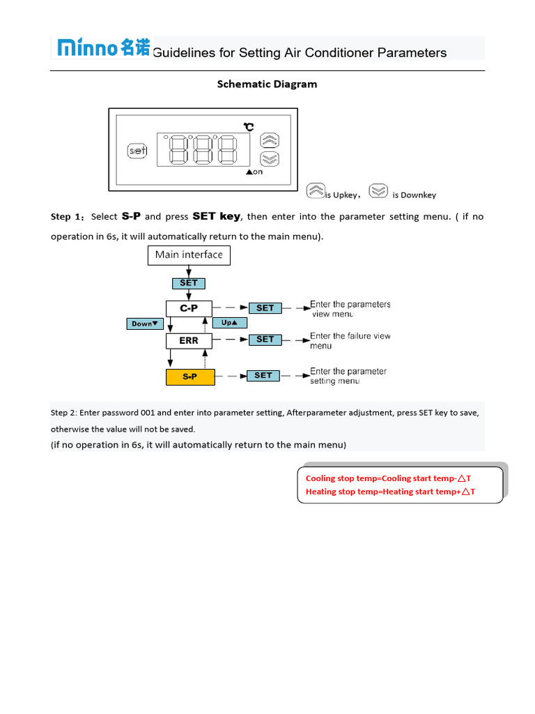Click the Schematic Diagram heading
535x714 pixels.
267,84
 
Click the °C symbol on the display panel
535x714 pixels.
249,126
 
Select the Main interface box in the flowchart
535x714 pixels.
189,255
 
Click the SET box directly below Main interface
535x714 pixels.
189,283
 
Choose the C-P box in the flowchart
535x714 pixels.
189,308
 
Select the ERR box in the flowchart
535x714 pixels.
189,341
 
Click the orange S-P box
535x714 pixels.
190,377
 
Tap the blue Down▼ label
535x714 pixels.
145,324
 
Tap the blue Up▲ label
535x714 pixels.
230,323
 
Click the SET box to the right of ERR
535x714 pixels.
265,340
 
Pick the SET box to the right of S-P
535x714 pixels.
263,376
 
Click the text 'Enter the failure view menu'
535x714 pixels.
350,341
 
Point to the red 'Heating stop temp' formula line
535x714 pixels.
390,492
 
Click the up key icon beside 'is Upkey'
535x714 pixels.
316,190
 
